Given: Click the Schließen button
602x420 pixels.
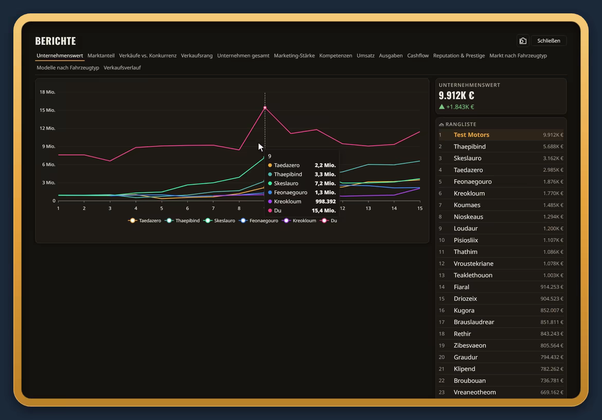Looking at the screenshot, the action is (548, 41).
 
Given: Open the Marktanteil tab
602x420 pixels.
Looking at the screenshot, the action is (101, 56).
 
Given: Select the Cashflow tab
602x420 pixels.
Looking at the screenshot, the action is (418, 56).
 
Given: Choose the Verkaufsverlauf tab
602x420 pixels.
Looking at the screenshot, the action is (122, 67).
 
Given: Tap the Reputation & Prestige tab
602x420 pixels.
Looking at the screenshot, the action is (459, 56).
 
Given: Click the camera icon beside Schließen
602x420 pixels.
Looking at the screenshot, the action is (523, 41).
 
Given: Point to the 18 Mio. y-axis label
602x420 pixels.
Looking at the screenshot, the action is (47, 92).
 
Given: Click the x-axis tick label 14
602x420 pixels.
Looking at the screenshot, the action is (394, 208).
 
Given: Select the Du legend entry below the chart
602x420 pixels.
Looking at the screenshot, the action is (329, 221).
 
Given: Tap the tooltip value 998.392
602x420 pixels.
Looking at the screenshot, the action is (326, 202).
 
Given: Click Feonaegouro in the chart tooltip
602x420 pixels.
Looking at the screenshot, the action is (291, 192).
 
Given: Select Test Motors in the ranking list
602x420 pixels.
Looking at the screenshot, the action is (471, 135).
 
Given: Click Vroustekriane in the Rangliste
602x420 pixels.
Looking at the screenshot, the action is (473, 264).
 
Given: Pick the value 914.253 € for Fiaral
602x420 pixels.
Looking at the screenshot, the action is (552, 287).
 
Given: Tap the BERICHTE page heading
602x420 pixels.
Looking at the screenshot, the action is (56, 41).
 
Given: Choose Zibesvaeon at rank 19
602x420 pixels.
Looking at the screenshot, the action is (470, 345).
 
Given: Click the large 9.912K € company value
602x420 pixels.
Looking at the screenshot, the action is (456, 95).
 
